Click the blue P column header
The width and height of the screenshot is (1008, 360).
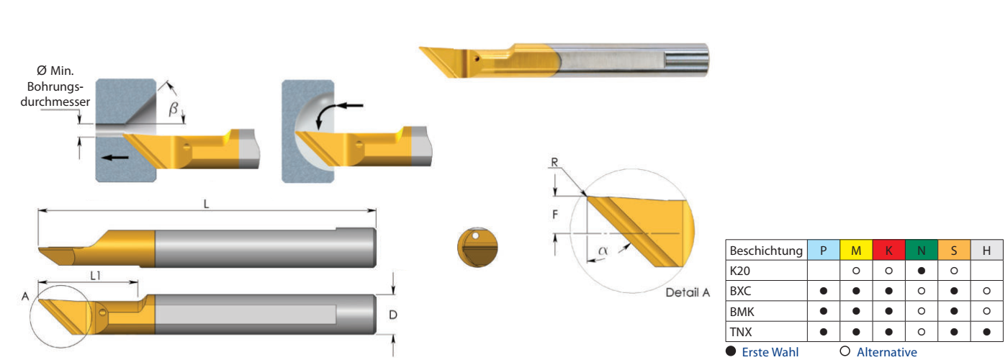coord(824,251)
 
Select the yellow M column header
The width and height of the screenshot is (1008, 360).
coord(856,251)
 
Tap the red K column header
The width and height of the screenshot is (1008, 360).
coord(888,251)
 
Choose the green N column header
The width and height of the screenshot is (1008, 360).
coord(921,251)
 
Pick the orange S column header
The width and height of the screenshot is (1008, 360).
coord(954,251)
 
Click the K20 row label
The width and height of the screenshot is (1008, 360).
coord(740,271)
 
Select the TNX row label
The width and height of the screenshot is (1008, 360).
coord(741,332)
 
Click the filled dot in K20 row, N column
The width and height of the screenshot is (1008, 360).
coord(921,271)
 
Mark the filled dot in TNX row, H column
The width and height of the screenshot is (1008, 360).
coord(986,332)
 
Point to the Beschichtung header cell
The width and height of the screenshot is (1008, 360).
coord(766,251)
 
